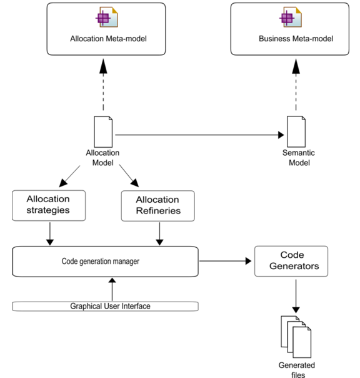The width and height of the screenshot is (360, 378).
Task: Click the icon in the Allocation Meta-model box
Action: coord(107,17)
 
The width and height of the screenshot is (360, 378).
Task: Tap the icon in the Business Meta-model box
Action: coord(291,17)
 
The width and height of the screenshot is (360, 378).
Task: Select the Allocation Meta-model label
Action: coord(108,39)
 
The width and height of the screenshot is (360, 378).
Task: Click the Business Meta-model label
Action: coord(296,39)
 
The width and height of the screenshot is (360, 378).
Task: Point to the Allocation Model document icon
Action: coord(103,131)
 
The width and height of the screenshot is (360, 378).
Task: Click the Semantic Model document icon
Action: coord(296,131)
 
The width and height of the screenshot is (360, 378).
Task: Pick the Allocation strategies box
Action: coord(49,205)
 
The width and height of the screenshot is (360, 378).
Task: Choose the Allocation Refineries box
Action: coord(158,206)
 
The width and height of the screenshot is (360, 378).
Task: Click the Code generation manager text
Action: coord(101,262)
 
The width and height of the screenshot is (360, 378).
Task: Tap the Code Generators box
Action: coord(291,261)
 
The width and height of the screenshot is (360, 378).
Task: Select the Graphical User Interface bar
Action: coord(105,306)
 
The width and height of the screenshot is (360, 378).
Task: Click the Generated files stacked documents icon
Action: coord(296,337)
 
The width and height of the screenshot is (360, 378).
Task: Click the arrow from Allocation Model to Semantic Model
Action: coord(199,135)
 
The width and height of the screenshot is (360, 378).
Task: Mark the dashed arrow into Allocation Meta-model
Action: coord(103,84)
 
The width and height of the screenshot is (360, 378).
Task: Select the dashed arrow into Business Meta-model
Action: coord(296,84)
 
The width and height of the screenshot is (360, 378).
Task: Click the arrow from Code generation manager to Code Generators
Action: coord(226,261)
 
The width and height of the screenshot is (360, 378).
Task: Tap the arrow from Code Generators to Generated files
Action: coord(296,296)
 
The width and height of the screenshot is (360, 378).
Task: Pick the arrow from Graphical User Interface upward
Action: coord(112,289)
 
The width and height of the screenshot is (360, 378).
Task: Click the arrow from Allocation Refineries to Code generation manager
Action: coord(159,234)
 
